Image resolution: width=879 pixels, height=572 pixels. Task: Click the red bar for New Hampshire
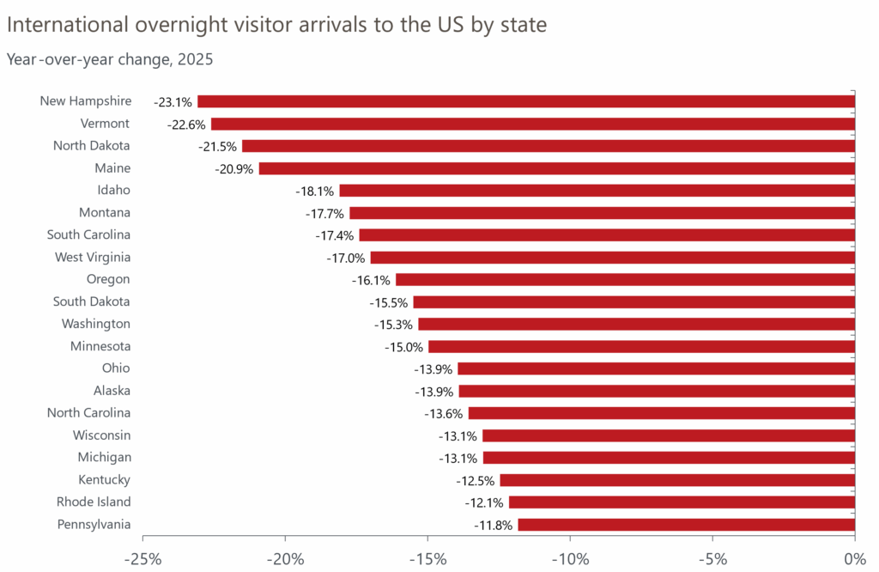pyautogui.click(x=526, y=101)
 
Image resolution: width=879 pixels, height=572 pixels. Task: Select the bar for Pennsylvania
pyautogui.click(x=686, y=525)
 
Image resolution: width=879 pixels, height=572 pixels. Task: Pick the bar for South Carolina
pyautogui.click(x=607, y=235)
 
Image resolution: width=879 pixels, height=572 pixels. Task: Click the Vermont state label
pyautogui.click(x=105, y=124)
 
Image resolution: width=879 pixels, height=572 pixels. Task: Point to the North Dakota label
pyautogui.click(x=92, y=146)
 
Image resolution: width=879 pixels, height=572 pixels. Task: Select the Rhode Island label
pyautogui.click(x=94, y=502)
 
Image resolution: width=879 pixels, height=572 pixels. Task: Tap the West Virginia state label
pyautogui.click(x=92, y=257)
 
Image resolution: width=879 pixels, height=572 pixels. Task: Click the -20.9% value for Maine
pyautogui.click(x=233, y=169)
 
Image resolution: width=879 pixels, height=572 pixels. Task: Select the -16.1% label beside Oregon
pyautogui.click(x=371, y=280)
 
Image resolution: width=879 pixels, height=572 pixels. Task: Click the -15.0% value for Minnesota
pyautogui.click(x=403, y=347)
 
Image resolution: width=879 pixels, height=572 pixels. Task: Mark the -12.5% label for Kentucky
pyautogui.click(x=476, y=480)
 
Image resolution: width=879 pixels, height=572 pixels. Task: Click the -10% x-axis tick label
pyautogui.click(x=570, y=560)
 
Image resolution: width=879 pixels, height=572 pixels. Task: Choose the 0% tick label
pyautogui.click(x=853, y=560)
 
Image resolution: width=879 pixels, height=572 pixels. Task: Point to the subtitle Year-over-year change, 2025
pyautogui.click(x=110, y=60)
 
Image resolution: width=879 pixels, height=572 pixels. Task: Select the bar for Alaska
pyautogui.click(x=657, y=392)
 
